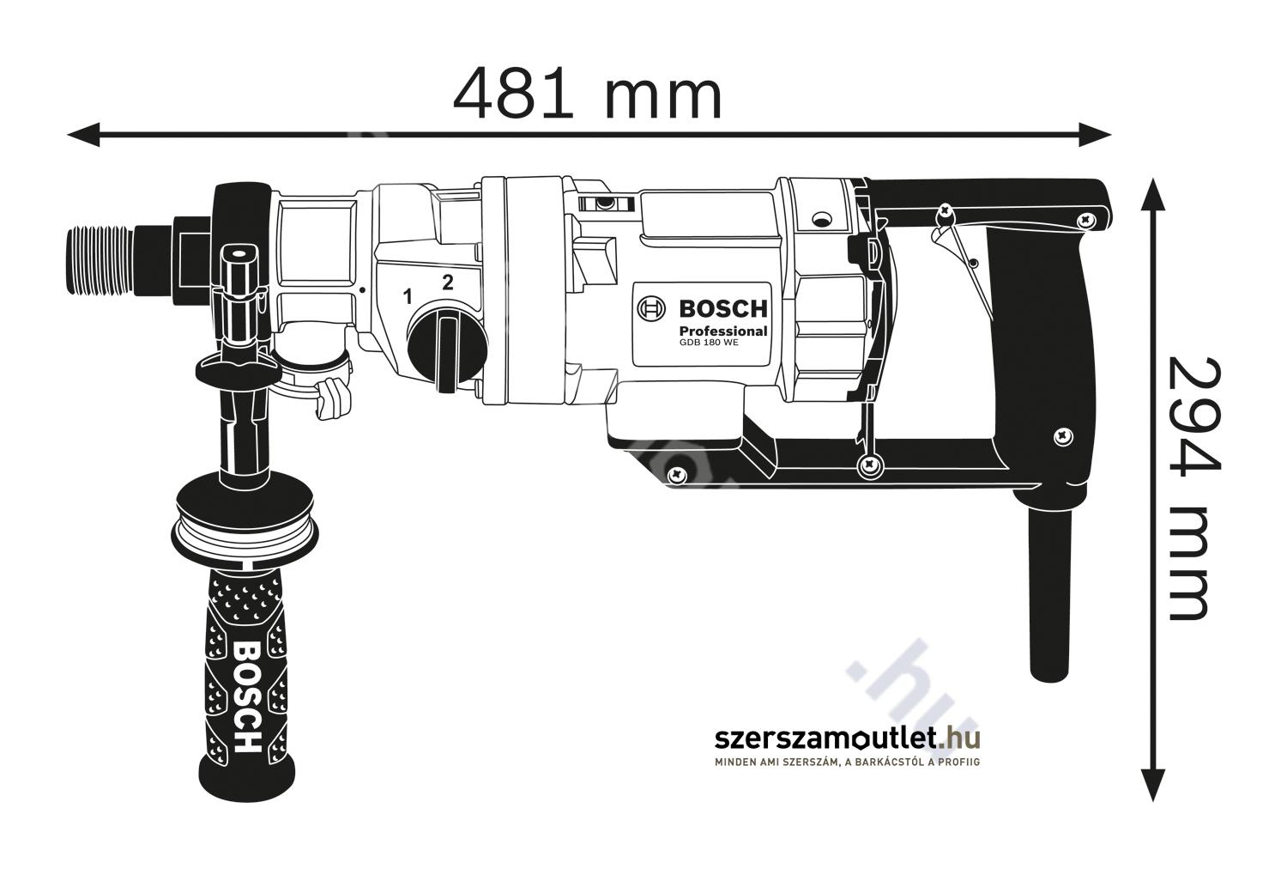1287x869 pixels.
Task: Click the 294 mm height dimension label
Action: tap(1196, 489)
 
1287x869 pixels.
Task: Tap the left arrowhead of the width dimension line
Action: tap(84, 135)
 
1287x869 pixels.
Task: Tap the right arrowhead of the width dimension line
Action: tap(1094, 135)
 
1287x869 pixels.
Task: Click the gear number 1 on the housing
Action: tap(408, 297)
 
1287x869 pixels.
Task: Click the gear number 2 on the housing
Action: tap(448, 283)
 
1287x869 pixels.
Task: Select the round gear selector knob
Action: tap(447, 348)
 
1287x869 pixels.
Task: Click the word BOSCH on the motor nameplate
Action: tap(723, 309)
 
